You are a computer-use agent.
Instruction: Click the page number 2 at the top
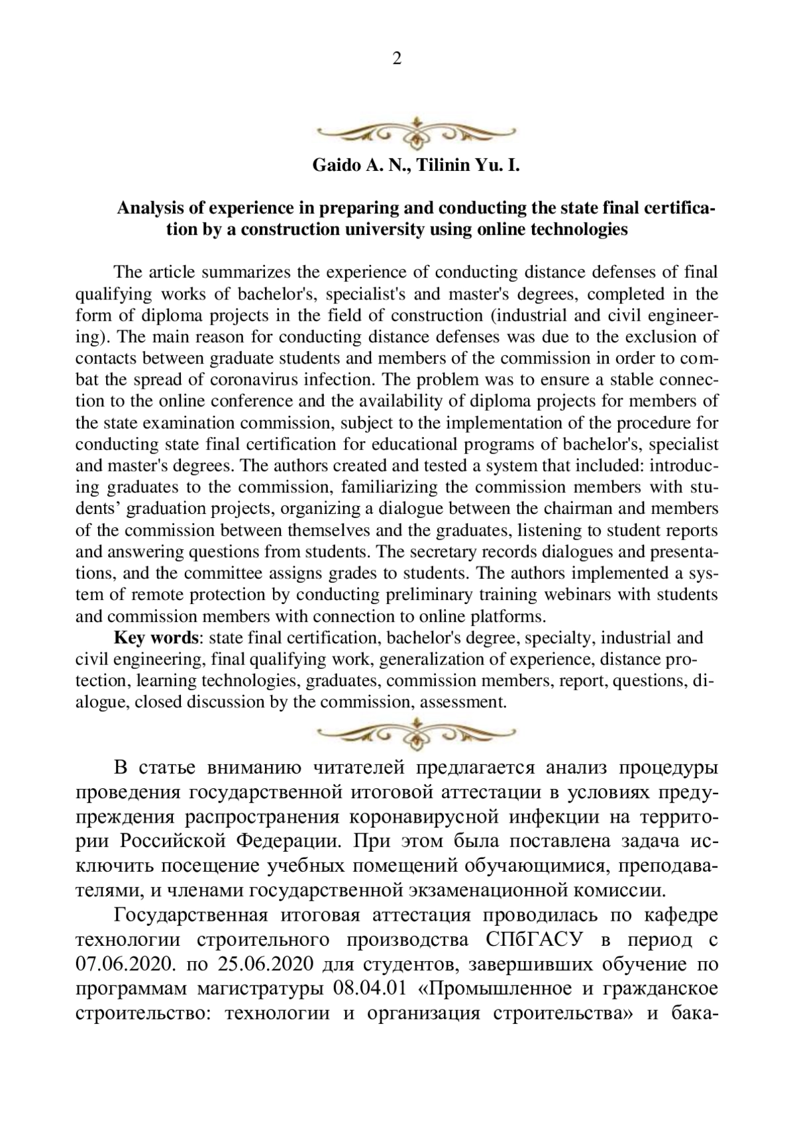[x=397, y=59]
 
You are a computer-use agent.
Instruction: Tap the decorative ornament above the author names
[x=416, y=132]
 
